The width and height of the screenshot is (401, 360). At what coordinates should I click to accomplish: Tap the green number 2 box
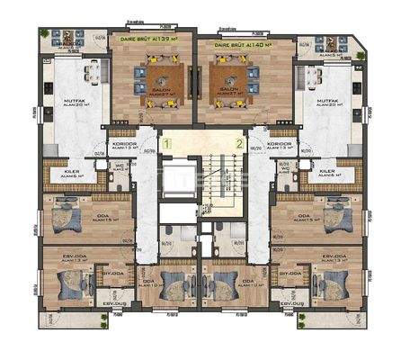(x=238, y=142)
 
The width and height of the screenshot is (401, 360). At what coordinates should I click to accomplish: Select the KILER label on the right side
(x=327, y=171)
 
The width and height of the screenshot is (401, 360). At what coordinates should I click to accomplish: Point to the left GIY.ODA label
(x=113, y=272)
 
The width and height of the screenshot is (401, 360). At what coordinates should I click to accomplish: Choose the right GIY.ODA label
(x=290, y=272)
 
